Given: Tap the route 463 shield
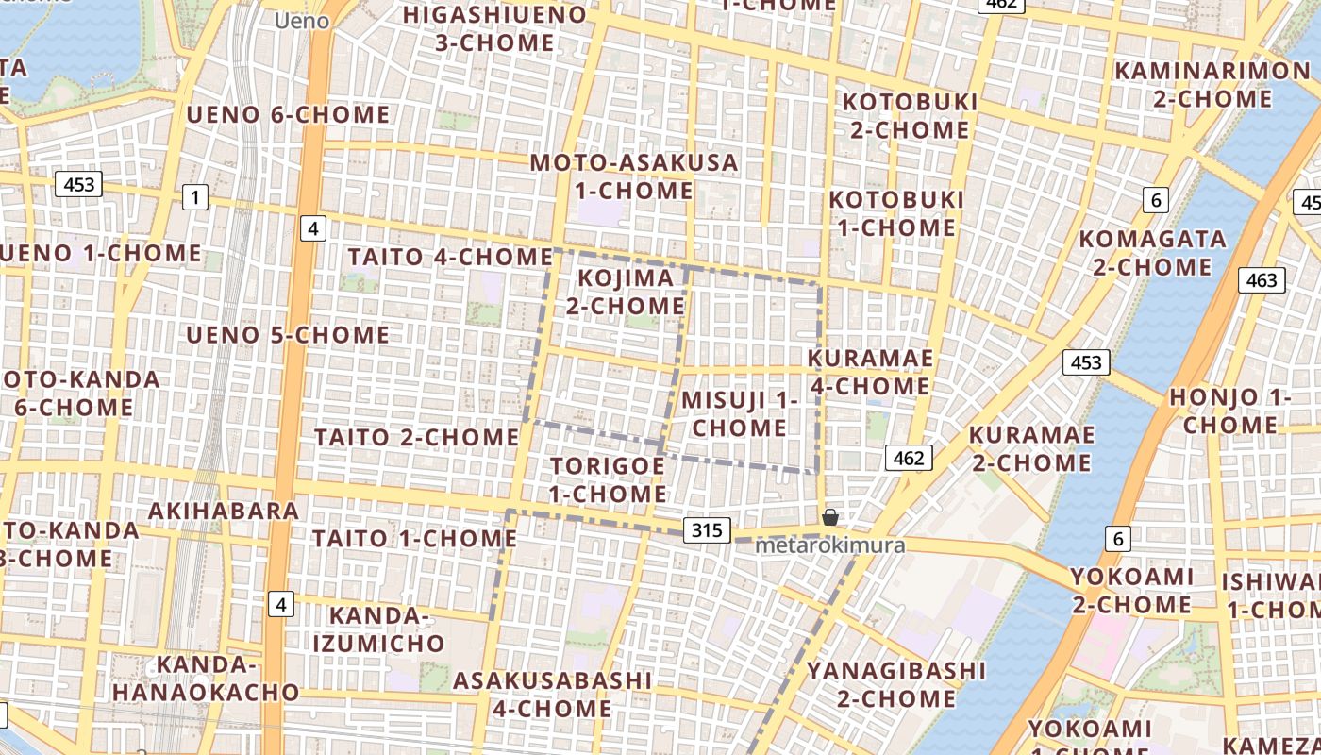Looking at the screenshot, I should [1261, 280].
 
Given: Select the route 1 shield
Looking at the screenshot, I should [194, 197].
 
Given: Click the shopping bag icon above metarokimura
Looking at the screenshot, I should [829, 517].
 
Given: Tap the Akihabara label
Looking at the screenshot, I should [224, 512].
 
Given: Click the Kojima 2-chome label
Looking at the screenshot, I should [626, 292].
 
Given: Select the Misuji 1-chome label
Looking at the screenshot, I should [739, 413].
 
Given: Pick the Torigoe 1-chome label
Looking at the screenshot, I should [608, 479].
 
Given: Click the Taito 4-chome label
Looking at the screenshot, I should [450, 257].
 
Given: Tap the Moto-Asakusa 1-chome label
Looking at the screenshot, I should [634, 176].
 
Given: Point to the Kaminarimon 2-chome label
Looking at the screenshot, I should [1212, 84].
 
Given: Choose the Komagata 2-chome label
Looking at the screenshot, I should [1152, 253].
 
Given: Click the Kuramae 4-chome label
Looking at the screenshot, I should [870, 372].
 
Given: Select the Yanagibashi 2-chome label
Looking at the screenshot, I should [895, 684].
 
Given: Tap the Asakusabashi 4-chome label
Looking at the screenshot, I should [552, 694].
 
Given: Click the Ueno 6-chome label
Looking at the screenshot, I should [288, 115].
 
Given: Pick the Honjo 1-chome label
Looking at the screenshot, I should [1229, 411].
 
